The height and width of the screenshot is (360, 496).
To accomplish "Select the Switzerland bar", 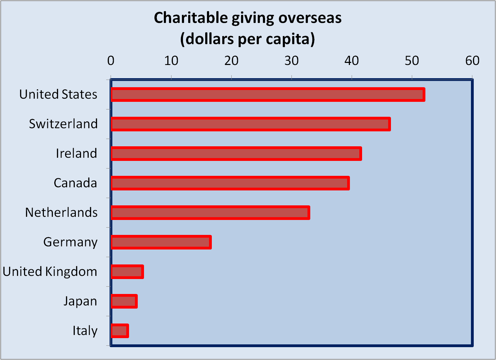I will pos(250,124).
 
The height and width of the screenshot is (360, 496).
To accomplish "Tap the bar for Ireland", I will pos(236,154).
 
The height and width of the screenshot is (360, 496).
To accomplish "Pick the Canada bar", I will pos(230,183).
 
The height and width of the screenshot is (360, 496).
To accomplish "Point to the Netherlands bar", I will pos(210,213).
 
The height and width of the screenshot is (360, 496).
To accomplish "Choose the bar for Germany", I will pos(161,242).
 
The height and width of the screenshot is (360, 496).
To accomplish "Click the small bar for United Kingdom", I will pos(127,272).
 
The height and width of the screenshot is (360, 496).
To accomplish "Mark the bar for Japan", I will pos(124,301).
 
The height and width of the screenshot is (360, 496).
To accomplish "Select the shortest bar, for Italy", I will pos(120,331).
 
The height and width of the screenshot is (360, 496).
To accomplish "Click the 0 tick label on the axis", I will pos(111,61).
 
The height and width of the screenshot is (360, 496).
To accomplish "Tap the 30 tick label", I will pos(291,61).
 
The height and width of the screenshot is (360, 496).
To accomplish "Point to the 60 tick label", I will pos(472,61).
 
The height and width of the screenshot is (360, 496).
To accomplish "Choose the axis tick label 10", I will pos(171,61).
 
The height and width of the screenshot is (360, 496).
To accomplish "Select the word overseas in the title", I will pos(310,18).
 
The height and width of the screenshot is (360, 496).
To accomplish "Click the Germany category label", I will pos(71,242).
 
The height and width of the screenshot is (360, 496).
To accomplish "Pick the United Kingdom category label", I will pos(50,272).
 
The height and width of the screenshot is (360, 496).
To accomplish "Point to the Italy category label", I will pos(85,331).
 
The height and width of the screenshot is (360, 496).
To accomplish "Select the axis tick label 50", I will pos(412,61).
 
